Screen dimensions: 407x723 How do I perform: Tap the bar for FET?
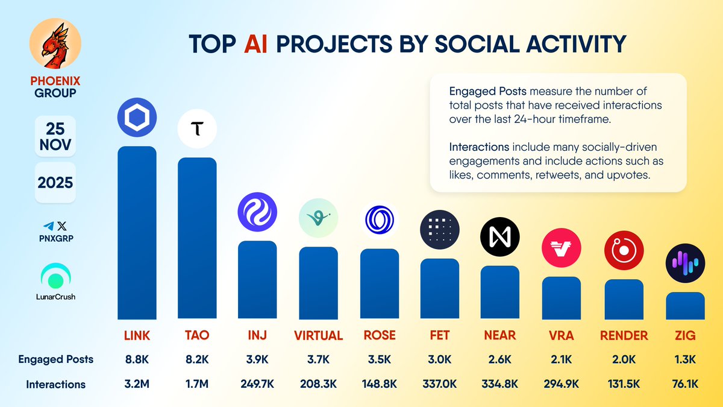tap(440, 289)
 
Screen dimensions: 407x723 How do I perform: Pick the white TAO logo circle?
tap(197, 129)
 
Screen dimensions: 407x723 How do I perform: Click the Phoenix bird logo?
tap(55, 46)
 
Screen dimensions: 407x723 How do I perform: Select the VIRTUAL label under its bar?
tap(318, 335)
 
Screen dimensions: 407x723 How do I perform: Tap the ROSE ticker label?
tap(380, 335)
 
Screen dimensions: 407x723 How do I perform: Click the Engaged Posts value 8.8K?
tap(136, 359)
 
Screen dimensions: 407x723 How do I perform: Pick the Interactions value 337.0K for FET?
tap(440, 384)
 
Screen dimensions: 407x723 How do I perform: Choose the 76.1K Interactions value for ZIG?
tap(685, 384)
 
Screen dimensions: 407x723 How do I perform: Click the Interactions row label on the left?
tap(55, 384)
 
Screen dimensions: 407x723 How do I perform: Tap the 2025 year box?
tap(55, 182)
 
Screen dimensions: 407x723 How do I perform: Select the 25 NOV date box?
tap(55, 136)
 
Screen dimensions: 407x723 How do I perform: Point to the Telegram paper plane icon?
tap(47, 226)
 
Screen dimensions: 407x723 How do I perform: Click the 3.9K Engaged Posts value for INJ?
tap(257, 359)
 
